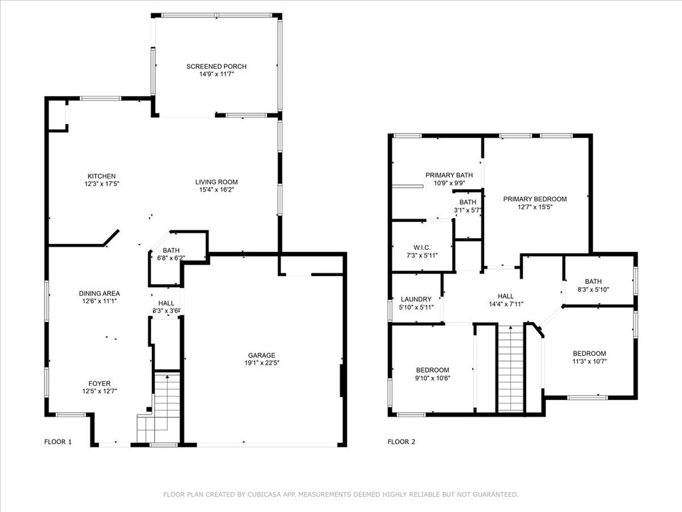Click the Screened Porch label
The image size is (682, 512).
[x=216, y=66]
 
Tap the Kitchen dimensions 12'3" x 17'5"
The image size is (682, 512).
[x=102, y=184]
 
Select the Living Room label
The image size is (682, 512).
[x=216, y=182]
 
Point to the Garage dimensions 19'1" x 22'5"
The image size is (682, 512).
[x=261, y=363]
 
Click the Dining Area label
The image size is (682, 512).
[x=99, y=293]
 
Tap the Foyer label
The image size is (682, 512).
[x=100, y=383]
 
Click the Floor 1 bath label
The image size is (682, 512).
[x=171, y=251]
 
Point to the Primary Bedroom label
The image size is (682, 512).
[x=535, y=199]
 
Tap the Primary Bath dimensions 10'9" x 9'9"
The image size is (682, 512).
[x=450, y=183]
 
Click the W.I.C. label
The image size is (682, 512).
[x=422, y=248]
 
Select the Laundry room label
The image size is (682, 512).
[x=416, y=299]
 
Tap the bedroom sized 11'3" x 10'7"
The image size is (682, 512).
[x=589, y=357]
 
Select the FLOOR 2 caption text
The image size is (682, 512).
[x=402, y=441]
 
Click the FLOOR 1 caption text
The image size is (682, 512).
[x=58, y=441]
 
